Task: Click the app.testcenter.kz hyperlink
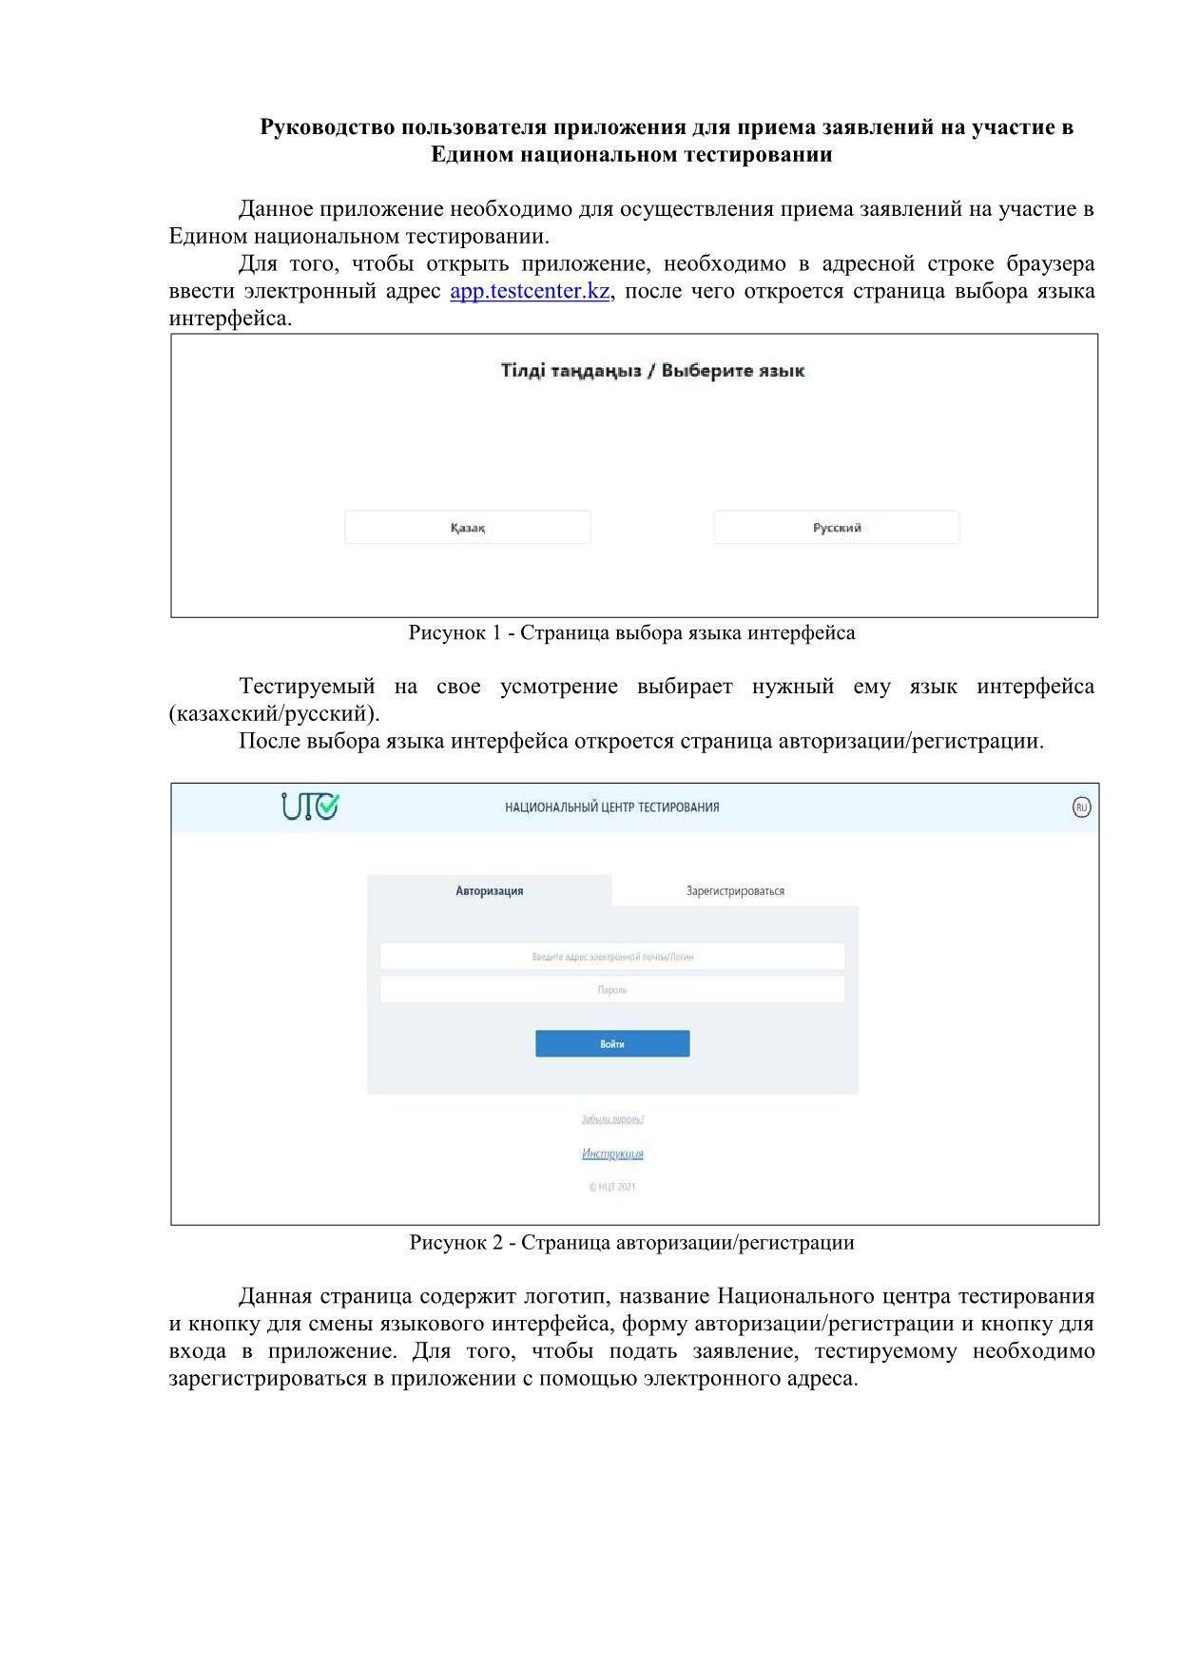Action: click(529, 291)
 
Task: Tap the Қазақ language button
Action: click(468, 528)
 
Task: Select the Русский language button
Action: click(837, 528)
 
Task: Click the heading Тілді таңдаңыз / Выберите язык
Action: click(652, 371)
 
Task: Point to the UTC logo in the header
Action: click(310, 806)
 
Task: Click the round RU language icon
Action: click(1081, 807)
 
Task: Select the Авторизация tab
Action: click(490, 891)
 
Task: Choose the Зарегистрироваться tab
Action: click(735, 891)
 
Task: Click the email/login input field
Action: click(612, 957)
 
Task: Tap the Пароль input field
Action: click(612, 990)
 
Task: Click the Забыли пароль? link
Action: click(612, 1119)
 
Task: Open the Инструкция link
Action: click(612, 1154)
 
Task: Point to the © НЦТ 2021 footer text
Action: click(612, 1187)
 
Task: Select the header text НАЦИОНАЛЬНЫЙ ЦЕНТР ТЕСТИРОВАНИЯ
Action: click(612, 807)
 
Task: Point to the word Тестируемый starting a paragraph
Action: click(307, 687)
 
